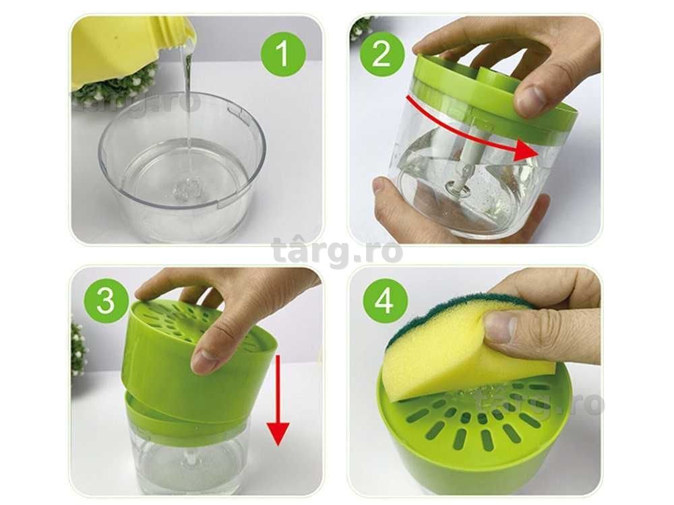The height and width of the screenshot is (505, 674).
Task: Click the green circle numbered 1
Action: click(283, 54)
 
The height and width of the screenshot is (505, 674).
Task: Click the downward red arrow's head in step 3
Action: click(277, 433)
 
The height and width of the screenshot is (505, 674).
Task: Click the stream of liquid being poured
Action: click(187, 107)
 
